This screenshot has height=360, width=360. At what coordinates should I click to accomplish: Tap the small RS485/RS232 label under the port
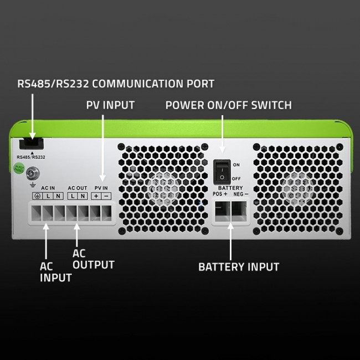(31, 157)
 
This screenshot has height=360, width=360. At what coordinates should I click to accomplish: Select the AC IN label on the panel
(48, 188)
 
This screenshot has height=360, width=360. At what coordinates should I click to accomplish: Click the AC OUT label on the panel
(77, 188)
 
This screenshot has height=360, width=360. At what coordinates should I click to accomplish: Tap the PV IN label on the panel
(101, 188)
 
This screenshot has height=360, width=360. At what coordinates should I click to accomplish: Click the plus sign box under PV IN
(96, 197)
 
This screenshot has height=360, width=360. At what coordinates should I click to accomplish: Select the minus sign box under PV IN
(106, 197)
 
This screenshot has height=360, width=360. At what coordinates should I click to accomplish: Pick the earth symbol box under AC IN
(38, 197)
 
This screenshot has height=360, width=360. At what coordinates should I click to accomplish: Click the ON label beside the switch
(236, 165)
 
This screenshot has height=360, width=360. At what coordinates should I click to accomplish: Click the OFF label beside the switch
(236, 178)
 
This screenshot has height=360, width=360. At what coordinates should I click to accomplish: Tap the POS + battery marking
(220, 194)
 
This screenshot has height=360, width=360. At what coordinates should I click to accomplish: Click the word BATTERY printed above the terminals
(230, 188)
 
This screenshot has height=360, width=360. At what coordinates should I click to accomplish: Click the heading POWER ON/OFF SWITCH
(228, 105)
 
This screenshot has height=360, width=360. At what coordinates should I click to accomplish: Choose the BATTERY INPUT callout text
(239, 266)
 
